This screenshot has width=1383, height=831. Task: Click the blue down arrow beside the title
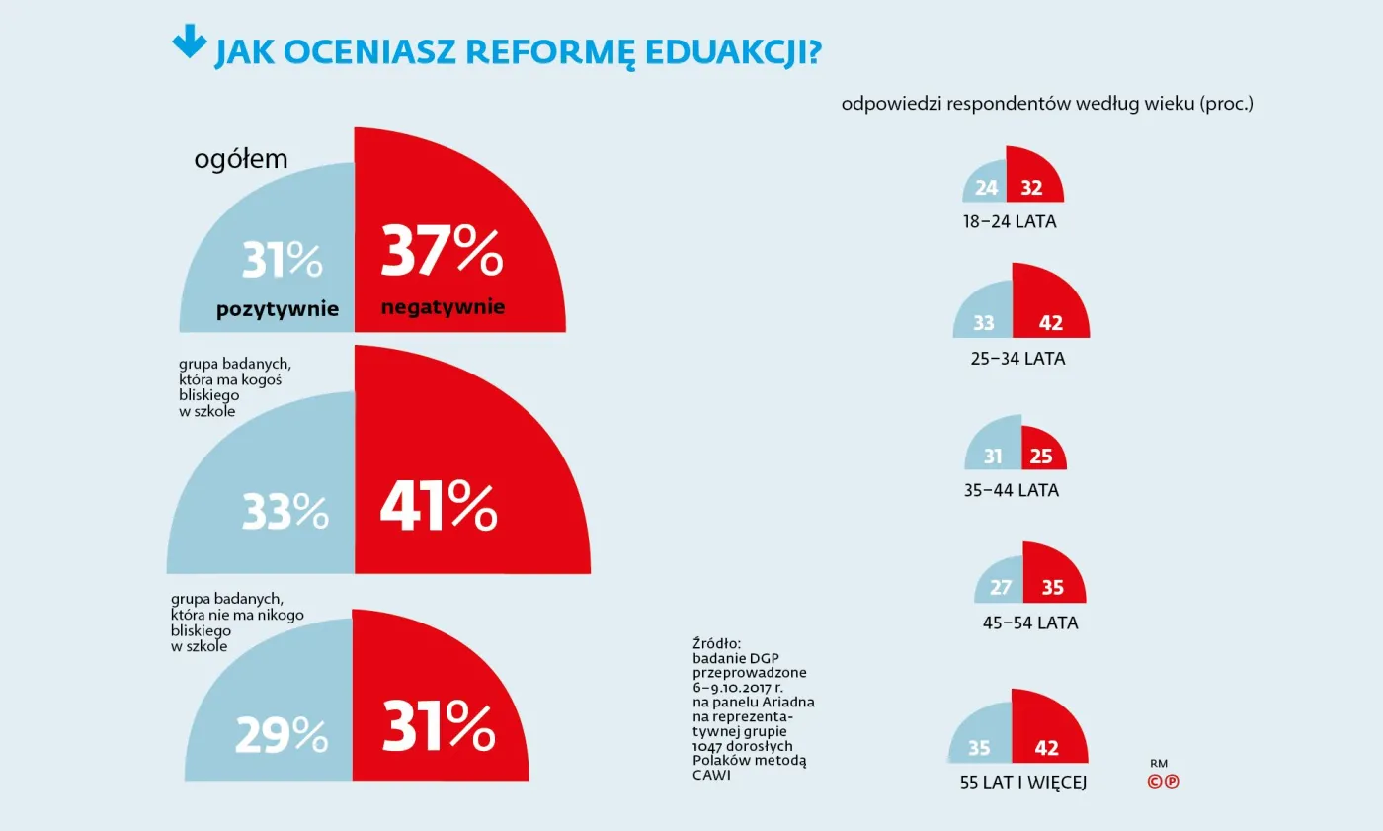188,42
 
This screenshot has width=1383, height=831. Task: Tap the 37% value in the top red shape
442,253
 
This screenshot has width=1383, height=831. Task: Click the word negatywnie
443,307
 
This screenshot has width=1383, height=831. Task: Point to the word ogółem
241,159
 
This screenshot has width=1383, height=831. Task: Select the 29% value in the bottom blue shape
282,734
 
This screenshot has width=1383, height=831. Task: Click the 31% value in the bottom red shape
438,730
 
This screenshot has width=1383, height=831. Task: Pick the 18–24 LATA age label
1010,222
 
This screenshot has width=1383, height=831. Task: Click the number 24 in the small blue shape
987,188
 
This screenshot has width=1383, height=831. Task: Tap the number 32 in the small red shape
1031,188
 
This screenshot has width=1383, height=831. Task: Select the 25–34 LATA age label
1017,359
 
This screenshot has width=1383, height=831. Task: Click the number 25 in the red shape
1041,457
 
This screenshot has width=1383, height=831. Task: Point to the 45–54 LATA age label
1030,623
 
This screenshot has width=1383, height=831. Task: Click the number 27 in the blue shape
1001,588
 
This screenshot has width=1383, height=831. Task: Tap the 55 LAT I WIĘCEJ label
1023,783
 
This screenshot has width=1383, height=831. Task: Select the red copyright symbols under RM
1163,782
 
